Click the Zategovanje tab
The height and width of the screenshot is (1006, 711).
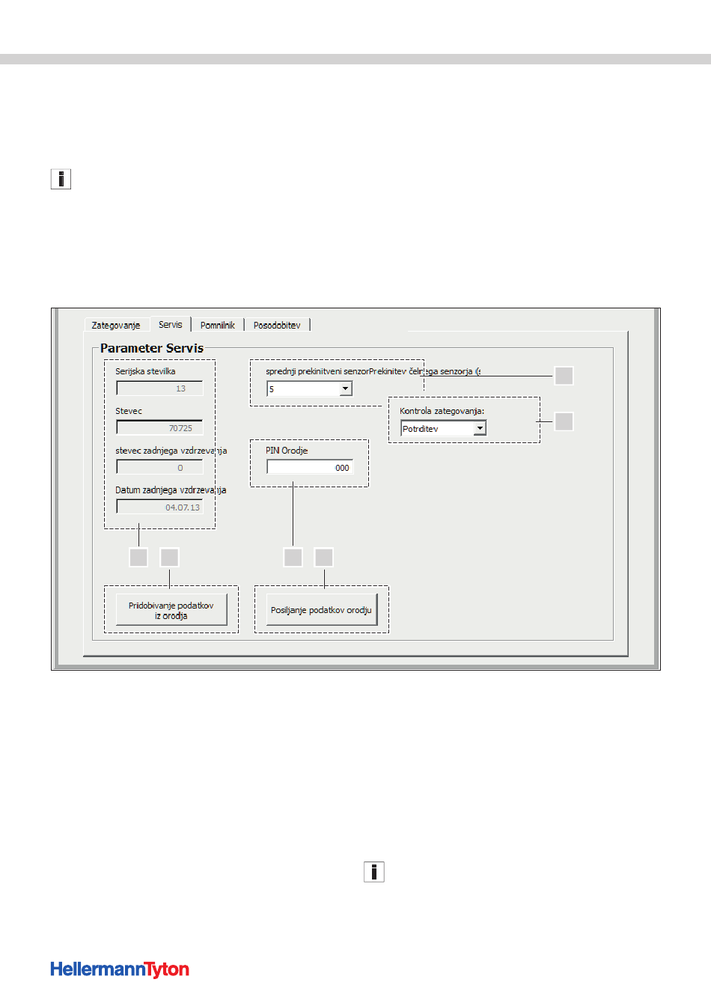[116, 326]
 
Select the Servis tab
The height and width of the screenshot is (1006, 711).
[171, 325]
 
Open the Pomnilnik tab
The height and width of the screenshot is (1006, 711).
[218, 326]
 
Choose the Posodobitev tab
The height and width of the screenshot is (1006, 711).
[277, 326]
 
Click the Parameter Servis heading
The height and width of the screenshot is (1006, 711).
[152, 348]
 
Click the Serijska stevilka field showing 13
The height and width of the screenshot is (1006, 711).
[159, 388]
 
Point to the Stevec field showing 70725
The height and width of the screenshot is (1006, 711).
[159, 428]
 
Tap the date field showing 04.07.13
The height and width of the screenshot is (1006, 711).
[159, 507]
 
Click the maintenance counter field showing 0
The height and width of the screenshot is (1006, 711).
[159, 468]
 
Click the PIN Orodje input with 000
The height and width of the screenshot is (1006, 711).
[309, 468]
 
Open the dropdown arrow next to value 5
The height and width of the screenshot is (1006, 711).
[346, 389]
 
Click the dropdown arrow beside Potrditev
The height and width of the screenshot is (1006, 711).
[480, 429]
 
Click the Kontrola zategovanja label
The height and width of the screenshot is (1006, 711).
[442, 411]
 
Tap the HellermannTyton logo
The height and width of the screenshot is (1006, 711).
[120, 969]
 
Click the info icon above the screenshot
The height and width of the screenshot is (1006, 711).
[61, 179]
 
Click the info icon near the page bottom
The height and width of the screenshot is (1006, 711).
[374, 872]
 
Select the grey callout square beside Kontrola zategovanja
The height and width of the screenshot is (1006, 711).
[564, 421]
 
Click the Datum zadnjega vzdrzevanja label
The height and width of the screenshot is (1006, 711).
[171, 490]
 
